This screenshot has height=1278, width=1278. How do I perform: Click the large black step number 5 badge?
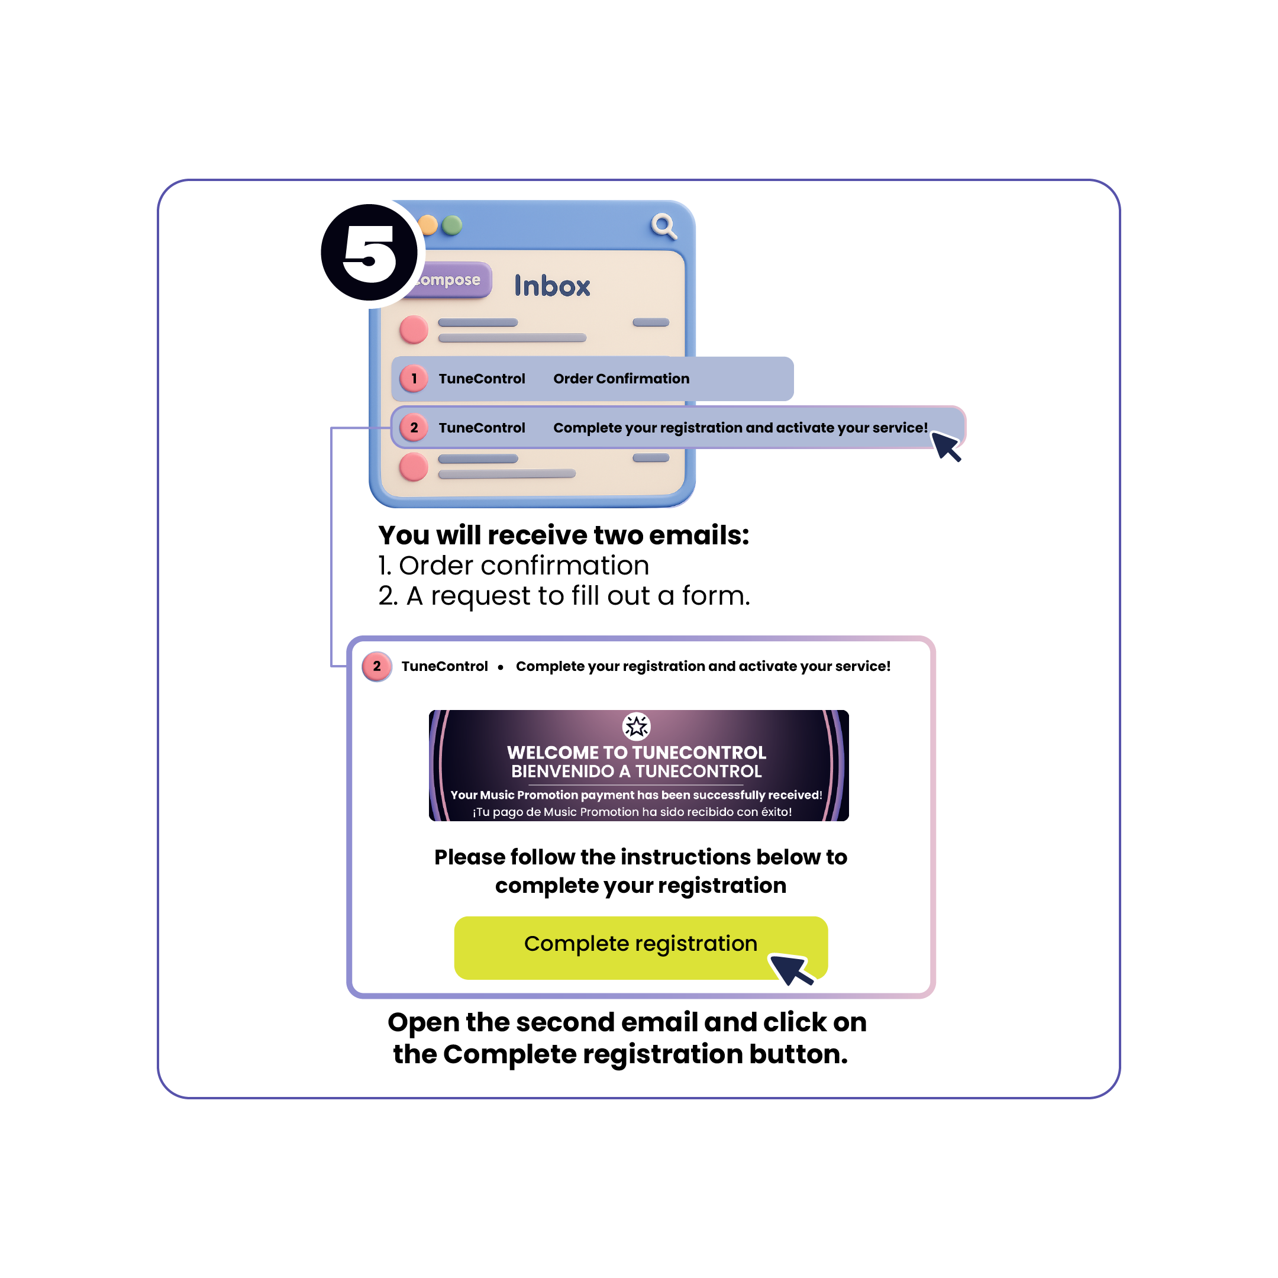click(x=369, y=253)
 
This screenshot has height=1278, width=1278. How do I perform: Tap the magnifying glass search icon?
click(x=663, y=225)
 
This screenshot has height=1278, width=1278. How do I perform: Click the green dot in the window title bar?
click(x=452, y=225)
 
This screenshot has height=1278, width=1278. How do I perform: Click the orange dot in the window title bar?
click(x=428, y=225)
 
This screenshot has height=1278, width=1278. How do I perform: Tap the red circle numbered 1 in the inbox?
click(x=414, y=379)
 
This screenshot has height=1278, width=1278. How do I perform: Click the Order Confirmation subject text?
click(x=621, y=379)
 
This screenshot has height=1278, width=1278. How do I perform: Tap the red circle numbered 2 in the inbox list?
click(x=414, y=427)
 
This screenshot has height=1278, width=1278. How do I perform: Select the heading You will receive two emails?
click(x=564, y=535)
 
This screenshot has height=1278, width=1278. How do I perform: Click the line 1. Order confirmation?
click(x=514, y=566)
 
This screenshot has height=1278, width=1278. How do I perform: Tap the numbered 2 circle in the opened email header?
click(x=377, y=666)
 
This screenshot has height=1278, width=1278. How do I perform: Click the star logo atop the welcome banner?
click(x=637, y=727)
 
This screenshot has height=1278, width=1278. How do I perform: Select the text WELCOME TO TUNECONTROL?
click(x=637, y=753)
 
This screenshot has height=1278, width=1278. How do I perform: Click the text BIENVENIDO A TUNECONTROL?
click(x=637, y=772)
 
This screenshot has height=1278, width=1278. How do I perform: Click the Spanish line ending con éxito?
click(x=632, y=812)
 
